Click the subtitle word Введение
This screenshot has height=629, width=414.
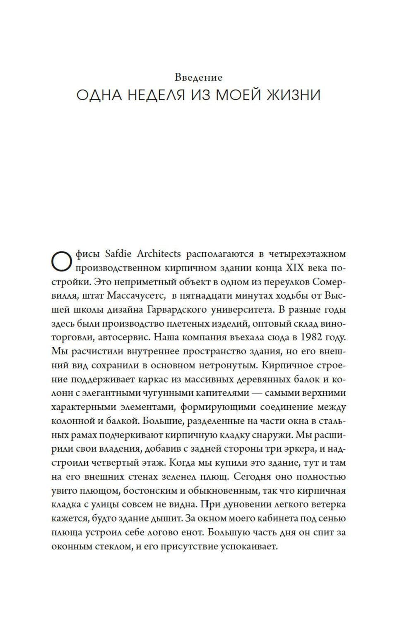pyautogui.click(x=199, y=77)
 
